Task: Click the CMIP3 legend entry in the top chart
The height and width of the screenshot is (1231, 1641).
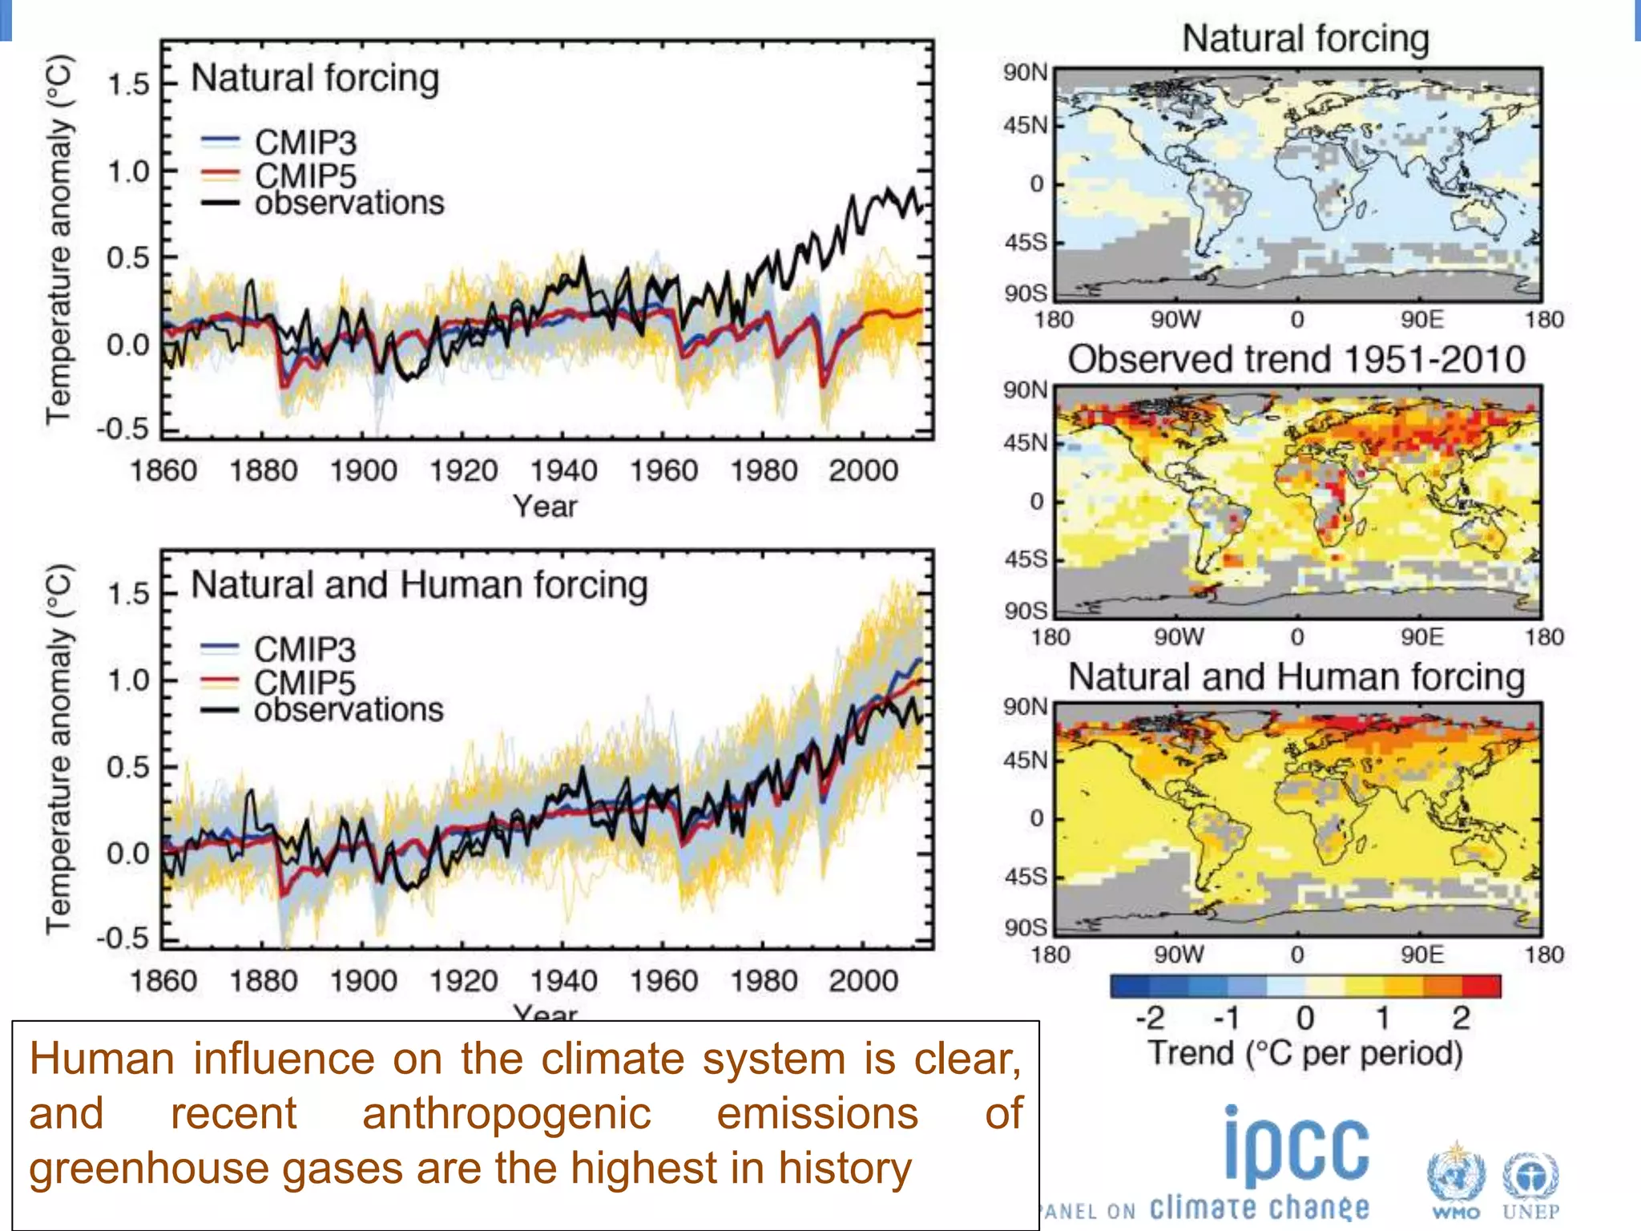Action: click(x=304, y=143)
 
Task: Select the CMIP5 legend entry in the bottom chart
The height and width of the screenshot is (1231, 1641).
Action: click(x=304, y=683)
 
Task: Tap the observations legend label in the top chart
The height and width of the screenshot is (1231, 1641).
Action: click(x=349, y=203)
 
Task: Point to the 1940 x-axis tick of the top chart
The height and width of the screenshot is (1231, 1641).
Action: click(x=563, y=470)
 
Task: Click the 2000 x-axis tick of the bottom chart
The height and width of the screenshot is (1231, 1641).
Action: click(x=863, y=980)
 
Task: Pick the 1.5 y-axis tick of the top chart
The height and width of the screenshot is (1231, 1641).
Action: click(x=128, y=84)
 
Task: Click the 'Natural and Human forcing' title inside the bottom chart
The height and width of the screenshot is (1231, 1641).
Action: click(x=419, y=584)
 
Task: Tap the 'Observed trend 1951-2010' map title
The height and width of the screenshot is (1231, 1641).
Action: click(x=1296, y=359)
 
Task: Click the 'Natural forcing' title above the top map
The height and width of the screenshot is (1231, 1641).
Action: click(x=1305, y=38)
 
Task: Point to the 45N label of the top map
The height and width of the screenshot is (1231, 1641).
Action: click(x=1025, y=125)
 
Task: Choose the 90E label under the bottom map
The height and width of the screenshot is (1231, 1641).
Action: click(x=1421, y=955)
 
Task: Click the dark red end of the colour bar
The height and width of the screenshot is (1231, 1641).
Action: click(x=1482, y=986)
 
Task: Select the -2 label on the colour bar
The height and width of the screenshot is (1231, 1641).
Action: click(x=1150, y=1018)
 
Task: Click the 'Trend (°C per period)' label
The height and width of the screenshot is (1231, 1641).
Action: click(x=1305, y=1053)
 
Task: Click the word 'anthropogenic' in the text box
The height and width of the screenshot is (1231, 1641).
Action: click(x=506, y=1113)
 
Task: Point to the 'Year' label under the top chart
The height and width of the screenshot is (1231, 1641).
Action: click(x=545, y=507)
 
